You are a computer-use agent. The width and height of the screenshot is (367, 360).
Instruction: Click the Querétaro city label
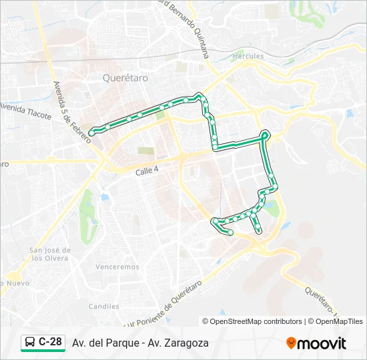click(x=125, y=77)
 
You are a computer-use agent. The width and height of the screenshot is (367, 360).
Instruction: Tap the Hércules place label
click(x=248, y=56)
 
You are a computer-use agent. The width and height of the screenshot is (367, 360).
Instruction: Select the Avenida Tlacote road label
click(x=25, y=110)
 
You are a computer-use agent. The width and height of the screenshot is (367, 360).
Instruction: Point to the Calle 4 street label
click(x=147, y=171)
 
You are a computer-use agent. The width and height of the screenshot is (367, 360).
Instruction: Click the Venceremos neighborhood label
click(x=117, y=267)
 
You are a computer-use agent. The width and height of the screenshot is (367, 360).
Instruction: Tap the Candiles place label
click(x=103, y=307)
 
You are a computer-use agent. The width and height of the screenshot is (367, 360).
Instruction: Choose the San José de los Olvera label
click(x=49, y=254)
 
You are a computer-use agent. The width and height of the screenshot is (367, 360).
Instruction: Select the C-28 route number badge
click(x=51, y=342)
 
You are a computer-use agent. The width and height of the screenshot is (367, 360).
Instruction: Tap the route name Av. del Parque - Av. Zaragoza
click(x=140, y=343)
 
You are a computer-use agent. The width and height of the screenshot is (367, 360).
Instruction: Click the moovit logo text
click(x=322, y=343)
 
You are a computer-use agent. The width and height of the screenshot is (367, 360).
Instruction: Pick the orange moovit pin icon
click(x=291, y=343)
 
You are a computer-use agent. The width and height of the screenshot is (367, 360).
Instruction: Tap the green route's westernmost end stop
click(x=91, y=133)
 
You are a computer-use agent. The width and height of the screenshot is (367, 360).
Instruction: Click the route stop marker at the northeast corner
click(x=265, y=135)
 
